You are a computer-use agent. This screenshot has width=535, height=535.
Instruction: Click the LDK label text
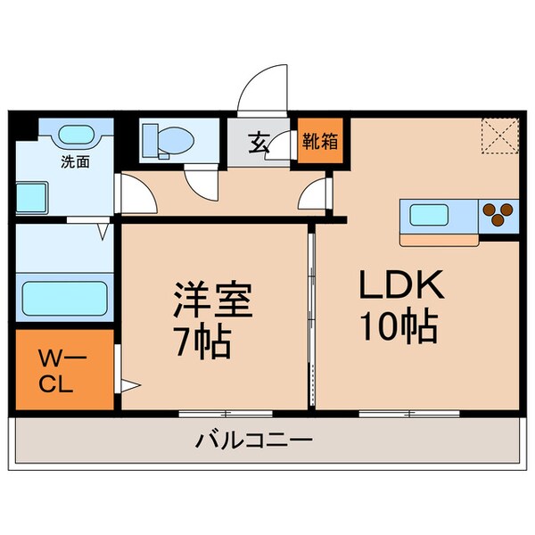[400, 287]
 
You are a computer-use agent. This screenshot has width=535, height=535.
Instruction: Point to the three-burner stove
[499, 215]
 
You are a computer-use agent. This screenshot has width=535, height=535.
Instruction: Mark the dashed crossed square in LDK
[500, 136]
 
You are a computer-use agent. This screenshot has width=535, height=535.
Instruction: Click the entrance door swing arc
[263, 89]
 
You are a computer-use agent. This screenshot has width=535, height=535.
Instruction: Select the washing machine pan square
[32, 196]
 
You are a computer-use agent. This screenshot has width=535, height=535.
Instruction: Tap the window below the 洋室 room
[225, 414]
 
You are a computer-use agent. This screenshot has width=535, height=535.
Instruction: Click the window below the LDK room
[408, 414]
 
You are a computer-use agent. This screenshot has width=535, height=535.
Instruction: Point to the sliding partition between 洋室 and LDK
[310, 317]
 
